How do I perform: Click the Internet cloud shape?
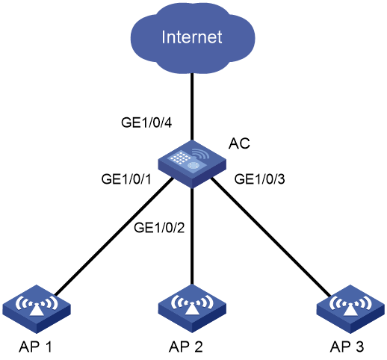[x=193, y=37]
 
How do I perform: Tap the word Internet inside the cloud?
[x=192, y=37]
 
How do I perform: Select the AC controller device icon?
[x=192, y=164]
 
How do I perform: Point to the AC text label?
[x=239, y=143]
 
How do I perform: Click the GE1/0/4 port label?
[x=146, y=122]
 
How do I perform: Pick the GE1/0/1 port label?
[x=126, y=179]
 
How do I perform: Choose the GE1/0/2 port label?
[x=159, y=228]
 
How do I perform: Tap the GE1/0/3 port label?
[x=259, y=179]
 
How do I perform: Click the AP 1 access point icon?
[x=37, y=309]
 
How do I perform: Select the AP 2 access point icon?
[x=192, y=309]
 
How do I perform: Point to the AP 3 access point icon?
[x=350, y=309]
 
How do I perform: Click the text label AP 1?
[x=35, y=347]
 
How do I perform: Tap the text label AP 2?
[x=186, y=347]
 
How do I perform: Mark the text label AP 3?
[x=347, y=347]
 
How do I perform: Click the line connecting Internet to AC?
[x=192, y=107]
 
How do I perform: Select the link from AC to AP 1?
[x=114, y=237]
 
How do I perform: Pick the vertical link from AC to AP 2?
[x=192, y=237]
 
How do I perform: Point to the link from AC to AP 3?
[x=271, y=237]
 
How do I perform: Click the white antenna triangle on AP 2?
[x=192, y=309]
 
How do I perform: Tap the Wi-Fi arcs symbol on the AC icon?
[x=201, y=154]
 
